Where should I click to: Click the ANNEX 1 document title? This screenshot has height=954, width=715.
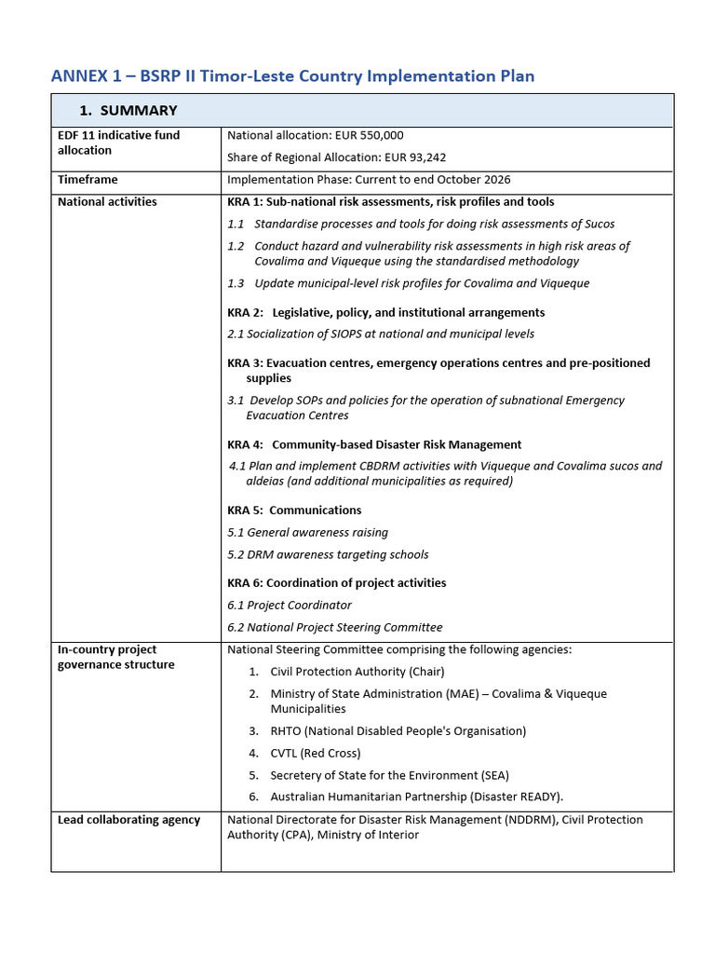[x=292, y=75]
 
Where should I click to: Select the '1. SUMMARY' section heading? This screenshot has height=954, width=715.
[x=128, y=110]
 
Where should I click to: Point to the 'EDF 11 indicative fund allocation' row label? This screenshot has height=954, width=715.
[x=118, y=143]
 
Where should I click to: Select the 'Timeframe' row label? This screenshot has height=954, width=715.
[x=88, y=179]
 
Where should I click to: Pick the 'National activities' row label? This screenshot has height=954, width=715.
[x=107, y=201]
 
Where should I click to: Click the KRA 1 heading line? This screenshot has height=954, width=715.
[x=390, y=202]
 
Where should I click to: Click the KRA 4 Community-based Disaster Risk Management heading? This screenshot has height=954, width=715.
[x=374, y=444]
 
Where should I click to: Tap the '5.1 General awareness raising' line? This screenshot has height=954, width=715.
[x=307, y=532]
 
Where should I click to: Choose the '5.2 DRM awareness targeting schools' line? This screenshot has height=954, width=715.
[x=328, y=554]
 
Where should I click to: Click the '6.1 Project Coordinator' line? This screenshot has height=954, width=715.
[x=290, y=605]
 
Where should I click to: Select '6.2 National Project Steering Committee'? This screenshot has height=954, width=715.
[x=334, y=627]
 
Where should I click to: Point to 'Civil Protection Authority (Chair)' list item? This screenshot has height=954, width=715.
[x=357, y=671]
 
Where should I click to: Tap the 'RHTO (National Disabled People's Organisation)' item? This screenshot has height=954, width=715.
[x=398, y=730]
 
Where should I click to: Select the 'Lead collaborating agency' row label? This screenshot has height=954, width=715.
[x=128, y=820]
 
